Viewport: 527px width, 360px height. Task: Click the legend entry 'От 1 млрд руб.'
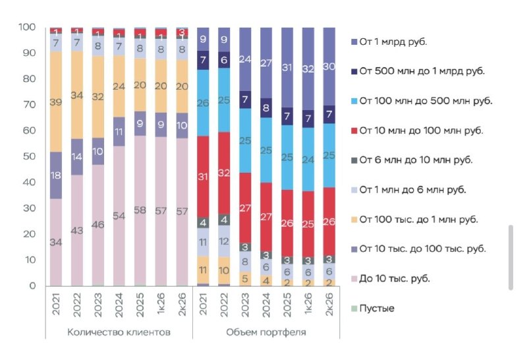pos(389,42)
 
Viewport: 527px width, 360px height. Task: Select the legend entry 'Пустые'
pos(372,308)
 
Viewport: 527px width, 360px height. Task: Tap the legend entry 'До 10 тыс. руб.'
pos(391,279)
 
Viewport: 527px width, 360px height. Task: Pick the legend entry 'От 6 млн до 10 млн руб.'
pos(412,160)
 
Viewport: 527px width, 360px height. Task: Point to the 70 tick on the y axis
pos(29,105)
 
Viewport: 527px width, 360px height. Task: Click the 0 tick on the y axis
pos(32,285)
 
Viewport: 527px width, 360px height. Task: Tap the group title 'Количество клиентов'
pos(119,332)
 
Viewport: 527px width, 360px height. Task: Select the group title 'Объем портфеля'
pos(266,332)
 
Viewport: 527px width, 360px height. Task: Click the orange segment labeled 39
pos(56,102)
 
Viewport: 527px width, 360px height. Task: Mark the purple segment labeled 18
pos(56,175)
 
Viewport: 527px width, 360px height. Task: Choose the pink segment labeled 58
pos(140,210)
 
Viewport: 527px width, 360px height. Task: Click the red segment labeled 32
pos(224,173)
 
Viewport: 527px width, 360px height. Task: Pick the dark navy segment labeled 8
pos(266,108)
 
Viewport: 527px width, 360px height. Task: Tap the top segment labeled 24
pos(245,59)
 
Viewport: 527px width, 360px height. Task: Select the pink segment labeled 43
pos(77,230)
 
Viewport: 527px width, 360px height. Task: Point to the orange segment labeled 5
pos(245,279)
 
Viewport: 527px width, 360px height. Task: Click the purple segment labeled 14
pos(77,157)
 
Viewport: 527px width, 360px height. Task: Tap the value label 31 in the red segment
pos(203,177)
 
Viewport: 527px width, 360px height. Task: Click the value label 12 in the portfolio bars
pos(224,241)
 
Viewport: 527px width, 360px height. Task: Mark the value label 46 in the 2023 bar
pos(97,224)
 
